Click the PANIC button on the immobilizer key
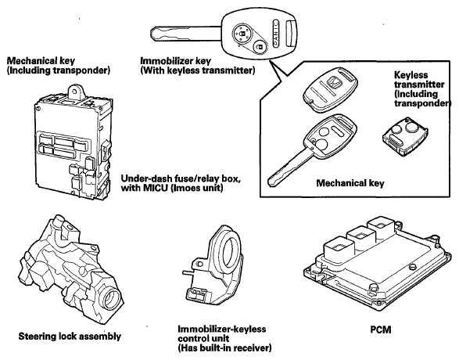pyautogui.click(x=275, y=33)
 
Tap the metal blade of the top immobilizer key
pyautogui.click(x=185, y=34)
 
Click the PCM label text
pyautogui.click(x=381, y=329)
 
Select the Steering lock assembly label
pyautogui.click(x=70, y=336)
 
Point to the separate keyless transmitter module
pyautogui.click(x=405, y=136)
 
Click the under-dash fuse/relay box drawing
pyautogui.click(x=74, y=142)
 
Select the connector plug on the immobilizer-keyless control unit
pyautogui.click(x=197, y=293)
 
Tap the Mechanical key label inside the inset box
pyautogui.click(x=350, y=183)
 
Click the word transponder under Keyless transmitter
pyautogui.click(x=421, y=103)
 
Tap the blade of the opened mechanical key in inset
pyautogui.click(x=289, y=167)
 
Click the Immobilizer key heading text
pyautogui.click(x=175, y=61)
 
